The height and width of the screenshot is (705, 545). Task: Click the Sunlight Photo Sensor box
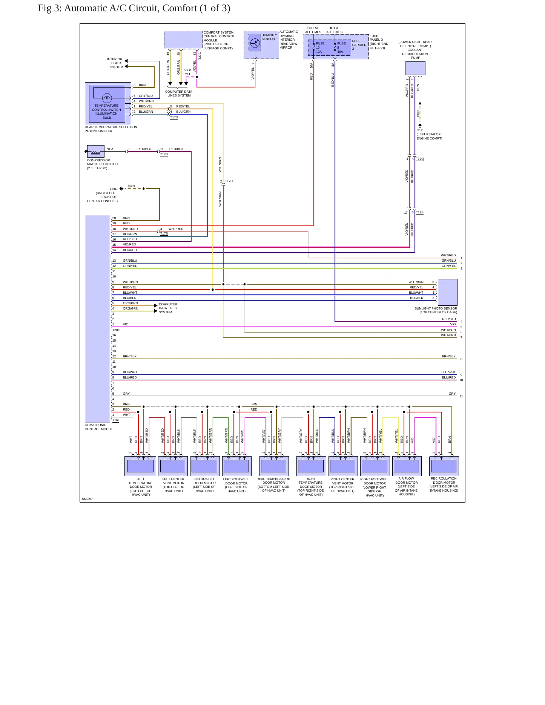(447, 292)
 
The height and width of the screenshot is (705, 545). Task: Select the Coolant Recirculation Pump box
(415, 68)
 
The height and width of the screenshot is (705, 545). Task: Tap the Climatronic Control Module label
(100, 427)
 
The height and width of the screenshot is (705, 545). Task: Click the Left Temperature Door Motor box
(140, 466)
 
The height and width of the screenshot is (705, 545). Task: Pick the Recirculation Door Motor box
(444, 466)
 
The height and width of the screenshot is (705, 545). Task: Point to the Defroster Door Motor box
(205, 466)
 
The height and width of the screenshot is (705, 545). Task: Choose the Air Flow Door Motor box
(407, 466)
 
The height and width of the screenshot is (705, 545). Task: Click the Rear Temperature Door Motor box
(274, 466)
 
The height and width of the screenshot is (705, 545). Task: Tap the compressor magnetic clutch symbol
(95, 151)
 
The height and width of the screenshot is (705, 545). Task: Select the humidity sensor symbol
(255, 42)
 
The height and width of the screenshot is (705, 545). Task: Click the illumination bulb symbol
(107, 98)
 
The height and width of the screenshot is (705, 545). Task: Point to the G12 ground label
(419, 130)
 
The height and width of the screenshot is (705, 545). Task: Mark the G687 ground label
(114, 189)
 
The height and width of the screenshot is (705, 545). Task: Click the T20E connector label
(116, 330)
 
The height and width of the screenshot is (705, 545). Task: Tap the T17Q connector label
(420, 159)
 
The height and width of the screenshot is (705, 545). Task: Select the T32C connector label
(200, 55)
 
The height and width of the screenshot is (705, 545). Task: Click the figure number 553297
(88, 499)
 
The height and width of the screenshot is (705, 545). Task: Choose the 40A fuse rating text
(340, 52)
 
